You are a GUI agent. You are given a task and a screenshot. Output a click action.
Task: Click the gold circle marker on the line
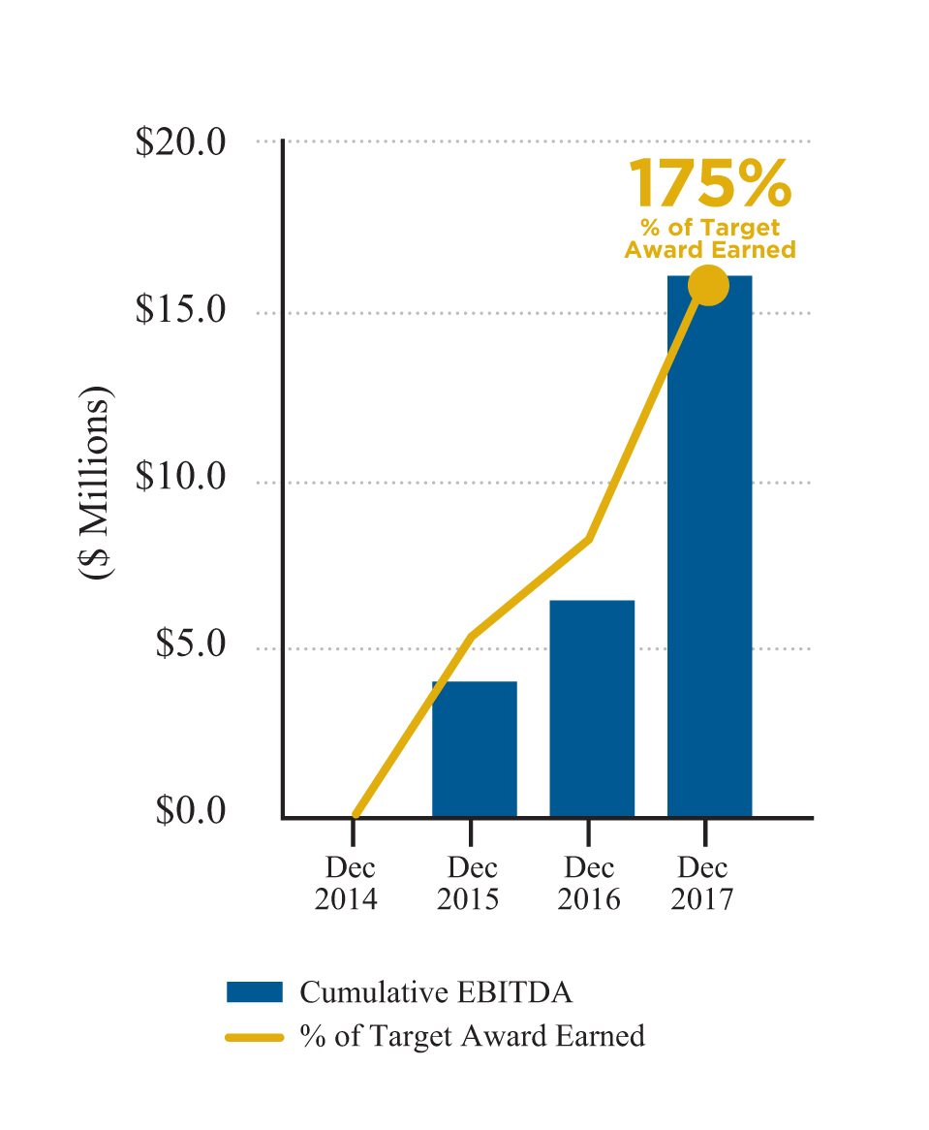click(708, 285)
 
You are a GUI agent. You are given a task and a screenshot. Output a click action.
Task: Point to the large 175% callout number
click(710, 184)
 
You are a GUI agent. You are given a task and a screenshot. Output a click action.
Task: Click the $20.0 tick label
click(180, 142)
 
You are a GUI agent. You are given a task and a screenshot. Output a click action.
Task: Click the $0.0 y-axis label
click(190, 810)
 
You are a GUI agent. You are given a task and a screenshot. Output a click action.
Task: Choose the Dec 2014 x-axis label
click(350, 883)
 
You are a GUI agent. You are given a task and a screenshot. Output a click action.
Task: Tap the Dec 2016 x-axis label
click(589, 883)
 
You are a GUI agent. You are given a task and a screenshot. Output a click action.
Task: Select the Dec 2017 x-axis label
click(703, 883)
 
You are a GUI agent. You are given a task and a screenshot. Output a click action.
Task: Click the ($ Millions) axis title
click(96, 484)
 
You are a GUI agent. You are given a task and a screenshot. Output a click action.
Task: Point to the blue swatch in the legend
click(254, 992)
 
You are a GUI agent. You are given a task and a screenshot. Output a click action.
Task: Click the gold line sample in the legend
click(254, 1037)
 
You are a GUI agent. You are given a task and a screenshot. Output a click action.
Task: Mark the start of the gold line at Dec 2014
click(356, 815)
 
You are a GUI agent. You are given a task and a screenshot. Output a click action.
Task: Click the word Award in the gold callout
click(663, 250)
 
